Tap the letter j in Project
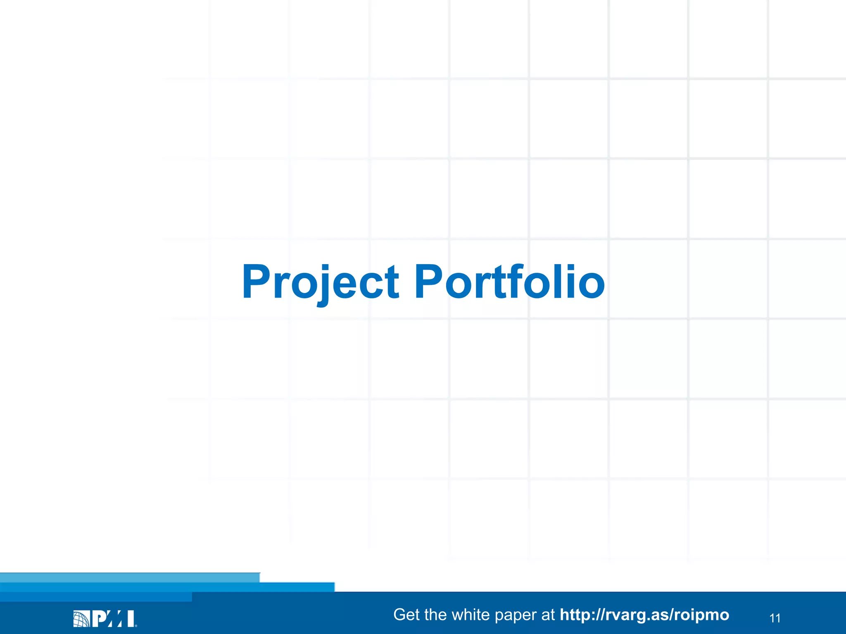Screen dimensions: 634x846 pyautogui.click(x=323, y=285)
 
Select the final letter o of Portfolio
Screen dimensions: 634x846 pyautogui.click(x=591, y=286)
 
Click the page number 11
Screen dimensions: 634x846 pyautogui.click(x=775, y=618)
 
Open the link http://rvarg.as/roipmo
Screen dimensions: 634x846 pyautogui.click(x=644, y=615)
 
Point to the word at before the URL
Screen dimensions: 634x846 pyautogui.click(x=548, y=615)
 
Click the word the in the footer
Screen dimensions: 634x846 pyautogui.click(x=435, y=615)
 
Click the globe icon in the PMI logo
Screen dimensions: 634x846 pyautogui.click(x=81, y=619)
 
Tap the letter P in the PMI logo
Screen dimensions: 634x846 pyautogui.click(x=100, y=619)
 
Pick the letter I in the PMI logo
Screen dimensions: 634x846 pyautogui.click(x=131, y=619)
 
